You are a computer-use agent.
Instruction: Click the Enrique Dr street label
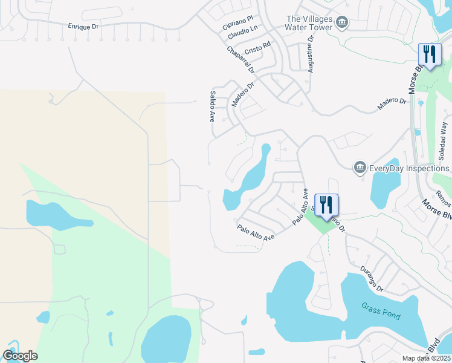click(83, 27)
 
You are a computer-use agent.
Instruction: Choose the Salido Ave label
click(212, 106)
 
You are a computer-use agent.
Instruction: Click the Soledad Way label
click(444, 141)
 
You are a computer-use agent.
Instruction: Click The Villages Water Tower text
click(309, 22)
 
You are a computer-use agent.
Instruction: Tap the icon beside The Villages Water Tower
click(341, 23)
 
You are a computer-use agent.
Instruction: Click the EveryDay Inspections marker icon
click(360, 166)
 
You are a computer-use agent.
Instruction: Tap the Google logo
click(20, 356)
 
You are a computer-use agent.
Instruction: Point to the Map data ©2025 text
click(426, 358)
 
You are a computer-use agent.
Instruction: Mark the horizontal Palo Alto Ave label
click(256, 232)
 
